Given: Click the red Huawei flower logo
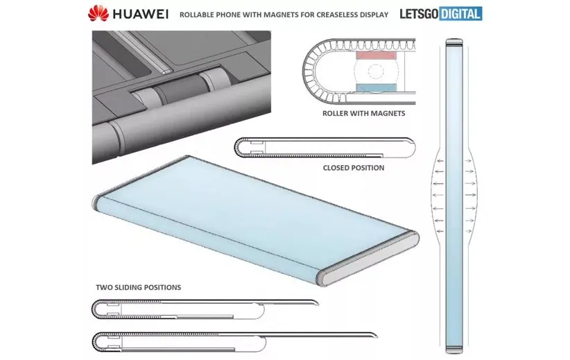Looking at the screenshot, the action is coord(98,13).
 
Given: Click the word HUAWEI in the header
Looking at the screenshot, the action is coord(140,14).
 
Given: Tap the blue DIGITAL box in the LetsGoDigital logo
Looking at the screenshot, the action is coord(460,14).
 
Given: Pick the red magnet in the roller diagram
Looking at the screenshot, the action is coord(376,55).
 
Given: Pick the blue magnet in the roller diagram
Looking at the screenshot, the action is coord(376,87).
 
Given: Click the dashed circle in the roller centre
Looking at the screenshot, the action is coord(376,71).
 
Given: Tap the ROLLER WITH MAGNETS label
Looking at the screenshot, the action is coord(363,114).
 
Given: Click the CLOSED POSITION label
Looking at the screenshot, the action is coord(354,168).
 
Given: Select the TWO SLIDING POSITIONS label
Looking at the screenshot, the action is coord(139,287).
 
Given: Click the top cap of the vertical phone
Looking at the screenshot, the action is coord(454,42).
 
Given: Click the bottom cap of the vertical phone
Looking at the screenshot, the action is coord(454,350).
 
